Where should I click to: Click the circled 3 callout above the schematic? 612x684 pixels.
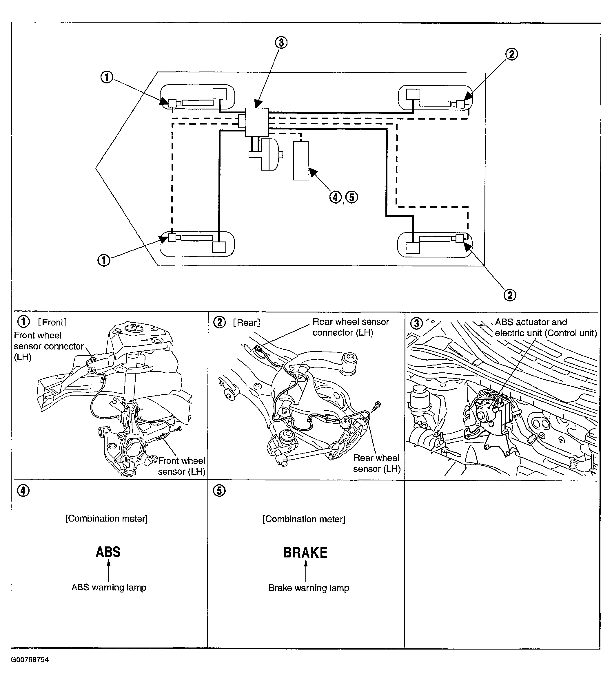[x=281, y=43]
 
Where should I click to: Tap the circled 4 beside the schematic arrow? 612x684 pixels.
[x=335, y=197]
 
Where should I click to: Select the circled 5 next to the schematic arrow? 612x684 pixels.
[x=352, y=197]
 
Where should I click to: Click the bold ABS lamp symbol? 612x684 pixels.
[x=108, y=552]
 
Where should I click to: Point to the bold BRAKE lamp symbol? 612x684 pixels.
[x=305, y=553]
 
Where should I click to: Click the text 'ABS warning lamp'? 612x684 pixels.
[x=109, y=587]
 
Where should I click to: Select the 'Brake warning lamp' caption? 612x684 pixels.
[x=309, y=588]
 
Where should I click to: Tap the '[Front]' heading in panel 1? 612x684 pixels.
[x=52, y=322]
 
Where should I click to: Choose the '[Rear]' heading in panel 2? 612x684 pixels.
[x=247, y=323]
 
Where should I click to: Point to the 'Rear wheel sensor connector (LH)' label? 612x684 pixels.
[x=350, y=327]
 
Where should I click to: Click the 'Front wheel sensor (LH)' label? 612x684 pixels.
[x=182, y=466]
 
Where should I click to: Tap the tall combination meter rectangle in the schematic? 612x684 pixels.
[x=300, y=161]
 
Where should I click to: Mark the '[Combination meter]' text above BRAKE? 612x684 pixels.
[x=304, y=519]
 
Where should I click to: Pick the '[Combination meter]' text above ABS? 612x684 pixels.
[x=107, y=518]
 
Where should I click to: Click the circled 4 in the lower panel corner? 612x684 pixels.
[x=23, y=491]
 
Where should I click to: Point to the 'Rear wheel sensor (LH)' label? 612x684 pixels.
[x=377, y=463]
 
